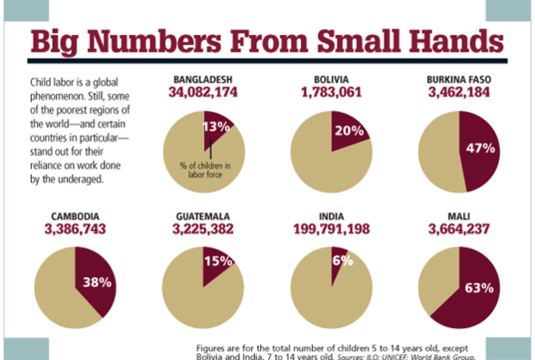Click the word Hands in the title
pos(456,41)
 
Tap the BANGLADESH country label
pos(203,80)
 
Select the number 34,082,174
pos(203,92)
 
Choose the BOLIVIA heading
pos(331,80)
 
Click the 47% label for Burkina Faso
pos(480,148)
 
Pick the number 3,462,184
pos(459,92)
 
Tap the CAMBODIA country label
pos(75,216)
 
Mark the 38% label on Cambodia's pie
pos(97,282)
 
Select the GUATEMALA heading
pos(203,216)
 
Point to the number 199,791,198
pos(331,229)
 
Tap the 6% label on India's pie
pos(342,261)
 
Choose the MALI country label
pos(459,216)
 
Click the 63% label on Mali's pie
pos(479,288)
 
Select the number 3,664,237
pos(459,229)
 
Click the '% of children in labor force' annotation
pos(205,170)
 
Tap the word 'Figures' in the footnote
pos(210,348)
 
